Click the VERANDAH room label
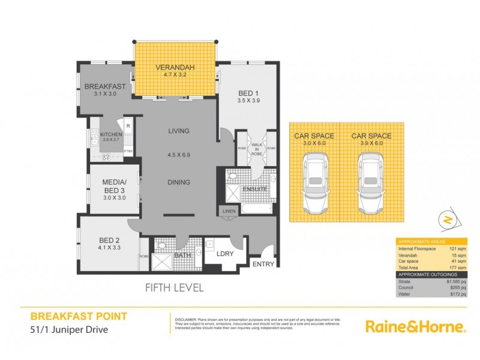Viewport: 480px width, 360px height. pyautogui.click(x=174, y=67)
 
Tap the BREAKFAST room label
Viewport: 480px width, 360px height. pyautogui.click(x=104, y=86)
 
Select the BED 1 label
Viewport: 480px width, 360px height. pyautogui.click(x=248, y=93)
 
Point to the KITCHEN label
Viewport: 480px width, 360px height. pyautogui.click(x=110, y=134)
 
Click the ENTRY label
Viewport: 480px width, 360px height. pyautogui.click(x=262, y=264)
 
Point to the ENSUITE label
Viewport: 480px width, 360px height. pyautogui.click(x=254, y=190)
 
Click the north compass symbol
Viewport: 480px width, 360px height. pyautogui.click(x=447, y=220)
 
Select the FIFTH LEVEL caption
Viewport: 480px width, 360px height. pyautogui.click(x=174, y=287)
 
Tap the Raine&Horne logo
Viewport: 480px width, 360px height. pyautogui.click(x=416, y=326)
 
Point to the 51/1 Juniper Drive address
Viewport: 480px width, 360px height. pyautogui.click(x=70, y=329)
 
